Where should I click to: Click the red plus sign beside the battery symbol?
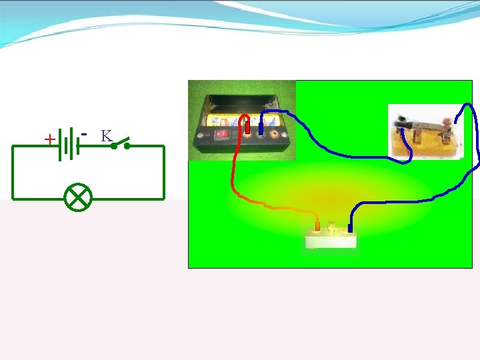pyautogui.click(x=49, y=139)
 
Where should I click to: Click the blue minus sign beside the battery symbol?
pyautogui.click(x=84, y=133)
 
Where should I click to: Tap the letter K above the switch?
pyautogui.click(x=105, y=136)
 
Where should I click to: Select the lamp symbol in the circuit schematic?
pyautogui.click(x=79, y=198)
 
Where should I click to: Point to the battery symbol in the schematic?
pyautogui.click(x=69, y=145)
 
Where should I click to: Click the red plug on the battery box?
pyautogui.click(x=247, y=125)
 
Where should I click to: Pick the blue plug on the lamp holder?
pyautogui.click(x=350, y=227)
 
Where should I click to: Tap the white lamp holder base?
pyautogui.click(x=331, y=241)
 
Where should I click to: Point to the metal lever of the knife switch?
pyautogui.click(x=426, y=123)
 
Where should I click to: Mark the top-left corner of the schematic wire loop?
pyautogui.click(x=13, y=146)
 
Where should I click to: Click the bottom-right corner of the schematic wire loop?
pyautogui.click(x=163, y=198)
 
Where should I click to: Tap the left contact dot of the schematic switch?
pyautogui.click(x=114, y=145)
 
